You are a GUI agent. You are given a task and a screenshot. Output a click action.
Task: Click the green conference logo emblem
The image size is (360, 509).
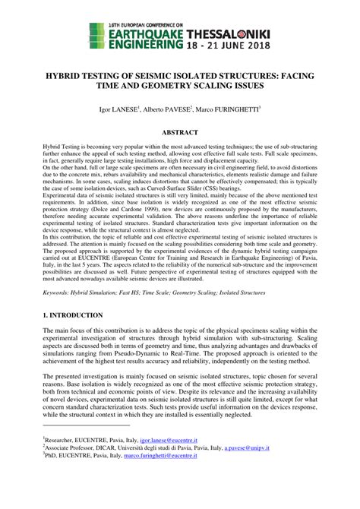tap(96, 33)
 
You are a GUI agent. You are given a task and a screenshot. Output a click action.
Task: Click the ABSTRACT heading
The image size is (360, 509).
tap(180, 132)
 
